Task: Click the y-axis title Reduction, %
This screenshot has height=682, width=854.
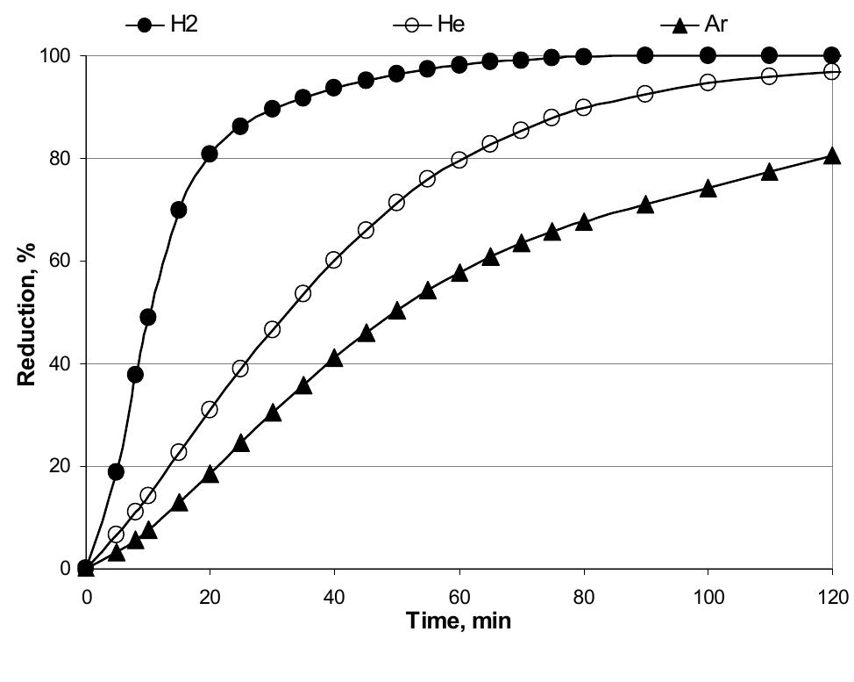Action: click(x=25, y=311)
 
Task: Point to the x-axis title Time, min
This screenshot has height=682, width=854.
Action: click(x=459, y=621)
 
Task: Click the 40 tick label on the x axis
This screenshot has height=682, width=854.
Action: click(x=334, y=597)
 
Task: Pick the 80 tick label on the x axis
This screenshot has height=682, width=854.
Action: click(x=583, y=597)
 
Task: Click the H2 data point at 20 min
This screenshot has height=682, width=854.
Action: click(x=210, y=154)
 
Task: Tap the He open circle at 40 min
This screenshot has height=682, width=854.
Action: click(x=334, y=260)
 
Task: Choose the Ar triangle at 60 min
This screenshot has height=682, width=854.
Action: click(x=459, y=273)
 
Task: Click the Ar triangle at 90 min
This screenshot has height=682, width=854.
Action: click(x=645, y=205)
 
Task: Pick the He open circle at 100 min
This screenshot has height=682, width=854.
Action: click(x=708, y=82)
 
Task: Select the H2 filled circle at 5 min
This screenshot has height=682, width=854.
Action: click(x=116, y=471)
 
